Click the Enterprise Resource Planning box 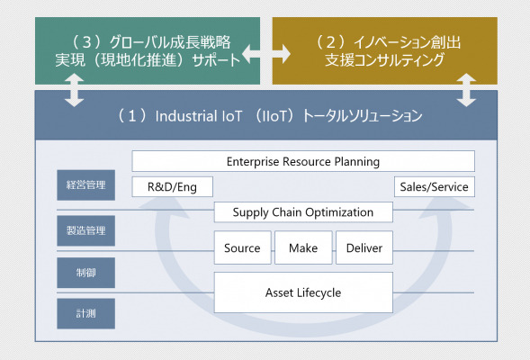(303, 161)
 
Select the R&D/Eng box (173, 186)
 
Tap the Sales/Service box (435, 186)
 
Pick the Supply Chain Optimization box (303, 211)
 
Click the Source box (242, 247)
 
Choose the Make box (303, 247)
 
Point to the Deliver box (364, 247)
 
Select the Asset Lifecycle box (303, 292)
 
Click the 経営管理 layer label (85, 184)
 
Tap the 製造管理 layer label (85, 230)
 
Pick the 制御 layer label (85, 273)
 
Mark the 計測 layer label (85, 313)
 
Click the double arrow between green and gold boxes (266, 54)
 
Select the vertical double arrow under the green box (75, 90)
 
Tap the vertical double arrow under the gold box (466, 90)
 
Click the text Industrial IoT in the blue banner (199, 116)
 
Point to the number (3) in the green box (87, 42)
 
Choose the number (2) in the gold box (330, 42)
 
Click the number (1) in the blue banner (131, 116)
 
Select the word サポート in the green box (216, 60)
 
